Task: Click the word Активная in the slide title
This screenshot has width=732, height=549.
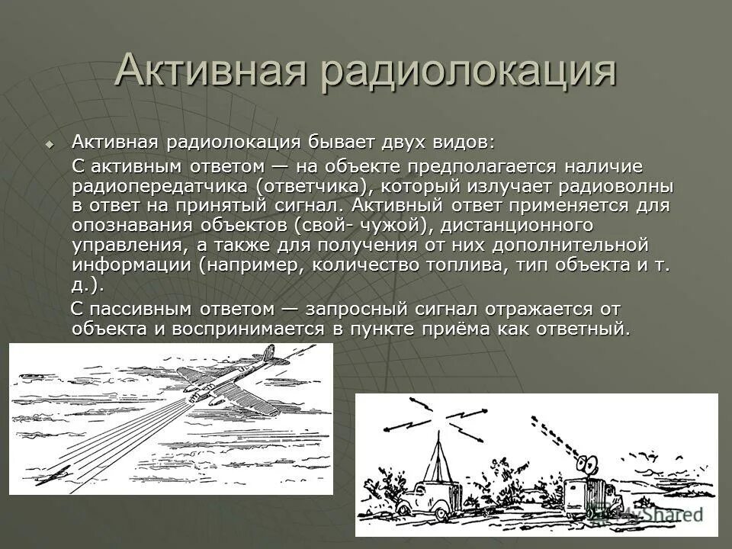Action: tap(210, 72)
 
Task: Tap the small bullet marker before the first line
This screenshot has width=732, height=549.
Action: tap(50, 144)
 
